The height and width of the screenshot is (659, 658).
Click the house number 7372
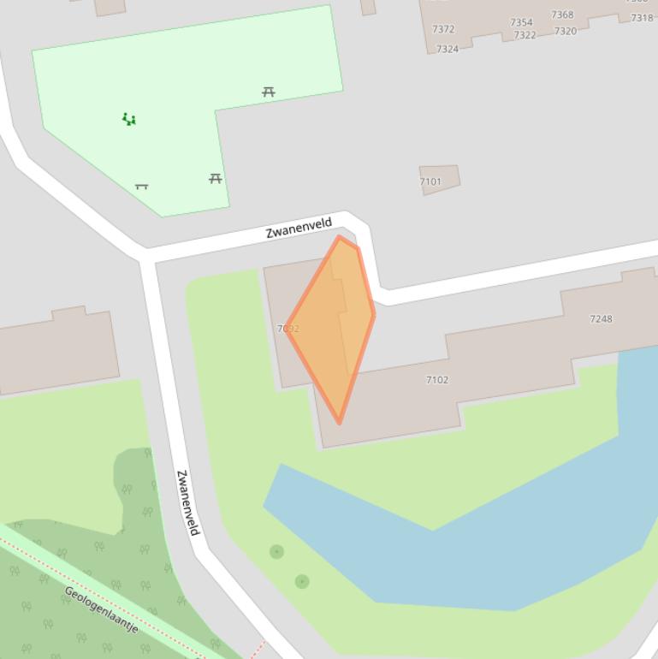click(x=443, y=29)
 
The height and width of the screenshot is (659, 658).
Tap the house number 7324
click(x=448, y=49)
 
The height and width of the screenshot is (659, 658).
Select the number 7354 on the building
click(x=521, y=22)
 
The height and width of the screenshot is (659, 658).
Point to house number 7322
click(x=525, y=35)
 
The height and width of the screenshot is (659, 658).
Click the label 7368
click(x=562, y=15)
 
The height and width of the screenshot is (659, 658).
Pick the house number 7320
click(x=565, y=31)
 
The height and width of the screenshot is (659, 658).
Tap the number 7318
click(x=642, y=18)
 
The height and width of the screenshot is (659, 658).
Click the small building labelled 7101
click(x=439, y=180)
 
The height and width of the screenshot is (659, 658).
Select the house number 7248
click(x=601, y=318)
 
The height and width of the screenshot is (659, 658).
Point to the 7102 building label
click(x=436, y=379)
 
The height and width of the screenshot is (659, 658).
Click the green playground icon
click(x=129, y=119)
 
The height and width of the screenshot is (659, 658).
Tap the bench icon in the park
click(x=142, y=186)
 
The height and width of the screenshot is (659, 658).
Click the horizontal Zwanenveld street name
click(x=299, y=229)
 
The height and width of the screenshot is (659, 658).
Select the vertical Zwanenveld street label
click(x=187, y=502)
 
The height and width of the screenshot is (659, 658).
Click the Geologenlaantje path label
click(x=101, y=609)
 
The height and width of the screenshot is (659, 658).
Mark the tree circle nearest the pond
click(x=302, y=582)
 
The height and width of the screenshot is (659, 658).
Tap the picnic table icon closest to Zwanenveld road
click(x=216, y=178)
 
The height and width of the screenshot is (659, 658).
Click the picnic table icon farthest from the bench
click(x=269, y=92)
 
